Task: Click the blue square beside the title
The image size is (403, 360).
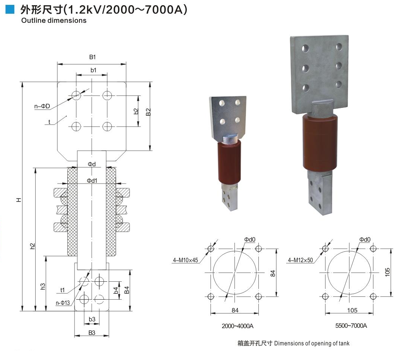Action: tap(10, 9)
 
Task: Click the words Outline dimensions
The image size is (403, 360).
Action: tap(54, 21)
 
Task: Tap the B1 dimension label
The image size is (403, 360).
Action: tap(93, 57)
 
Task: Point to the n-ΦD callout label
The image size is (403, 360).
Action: tap(42, 106)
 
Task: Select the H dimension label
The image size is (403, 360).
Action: tap(19, 200)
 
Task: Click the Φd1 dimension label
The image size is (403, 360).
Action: tap(92, 181)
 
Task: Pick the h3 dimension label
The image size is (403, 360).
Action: tap(43, 286)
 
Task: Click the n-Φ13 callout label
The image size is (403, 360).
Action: tap(63, 303)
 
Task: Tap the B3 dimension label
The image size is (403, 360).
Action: tap(92, 333)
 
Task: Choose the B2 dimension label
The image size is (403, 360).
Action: tap(148, 112)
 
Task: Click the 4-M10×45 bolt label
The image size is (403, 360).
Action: tap(185, 260)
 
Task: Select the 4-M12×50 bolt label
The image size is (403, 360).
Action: tap(300, 260)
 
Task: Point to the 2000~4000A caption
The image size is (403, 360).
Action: tap(237, 326)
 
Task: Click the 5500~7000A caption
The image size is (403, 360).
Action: tap(351, 326)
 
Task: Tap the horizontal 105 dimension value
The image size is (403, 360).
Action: tap(352, 311)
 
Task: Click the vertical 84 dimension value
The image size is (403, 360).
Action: tap(273, 273)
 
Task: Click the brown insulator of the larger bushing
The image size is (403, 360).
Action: tap(319, 142)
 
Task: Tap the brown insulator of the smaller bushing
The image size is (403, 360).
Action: tap(230, 163)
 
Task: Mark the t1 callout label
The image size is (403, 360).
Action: tap(63, 290)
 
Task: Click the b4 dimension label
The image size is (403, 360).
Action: tap(116, 291)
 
